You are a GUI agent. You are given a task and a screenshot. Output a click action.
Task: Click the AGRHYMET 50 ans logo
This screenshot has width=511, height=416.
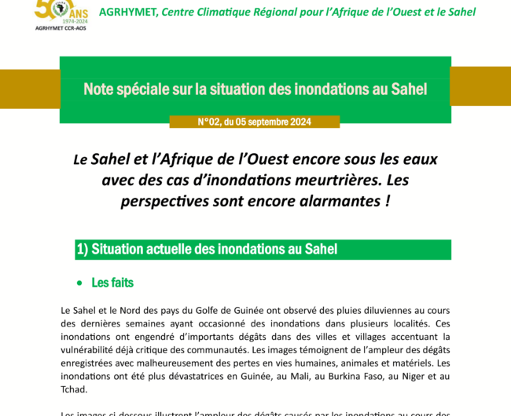coord(61,13)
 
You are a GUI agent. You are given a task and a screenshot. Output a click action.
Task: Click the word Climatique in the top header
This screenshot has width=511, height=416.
coord(228,12)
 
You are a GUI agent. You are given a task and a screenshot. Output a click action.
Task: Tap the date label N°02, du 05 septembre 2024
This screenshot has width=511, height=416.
coord(255,122)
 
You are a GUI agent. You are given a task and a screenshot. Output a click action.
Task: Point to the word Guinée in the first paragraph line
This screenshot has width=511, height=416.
coord(270,310)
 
